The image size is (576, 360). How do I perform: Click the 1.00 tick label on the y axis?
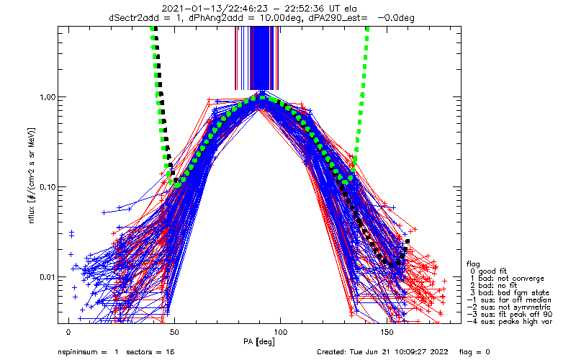47,97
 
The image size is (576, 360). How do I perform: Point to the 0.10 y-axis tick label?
47,187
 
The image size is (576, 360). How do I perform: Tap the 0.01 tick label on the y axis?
47,276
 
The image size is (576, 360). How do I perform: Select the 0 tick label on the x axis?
68,332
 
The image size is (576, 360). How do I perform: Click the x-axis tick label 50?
174,332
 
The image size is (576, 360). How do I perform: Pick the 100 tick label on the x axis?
280,332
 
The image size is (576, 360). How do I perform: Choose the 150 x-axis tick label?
386,332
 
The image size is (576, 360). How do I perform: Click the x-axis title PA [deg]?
259,342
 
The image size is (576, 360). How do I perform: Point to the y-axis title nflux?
32,215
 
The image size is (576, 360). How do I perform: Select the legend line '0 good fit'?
488,271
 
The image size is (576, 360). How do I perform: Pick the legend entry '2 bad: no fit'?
493,285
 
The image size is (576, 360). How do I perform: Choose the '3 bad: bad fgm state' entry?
510,293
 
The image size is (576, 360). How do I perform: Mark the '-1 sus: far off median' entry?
509,300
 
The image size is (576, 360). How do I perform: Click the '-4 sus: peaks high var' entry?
510,322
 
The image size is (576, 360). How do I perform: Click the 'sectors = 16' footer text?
150,352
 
